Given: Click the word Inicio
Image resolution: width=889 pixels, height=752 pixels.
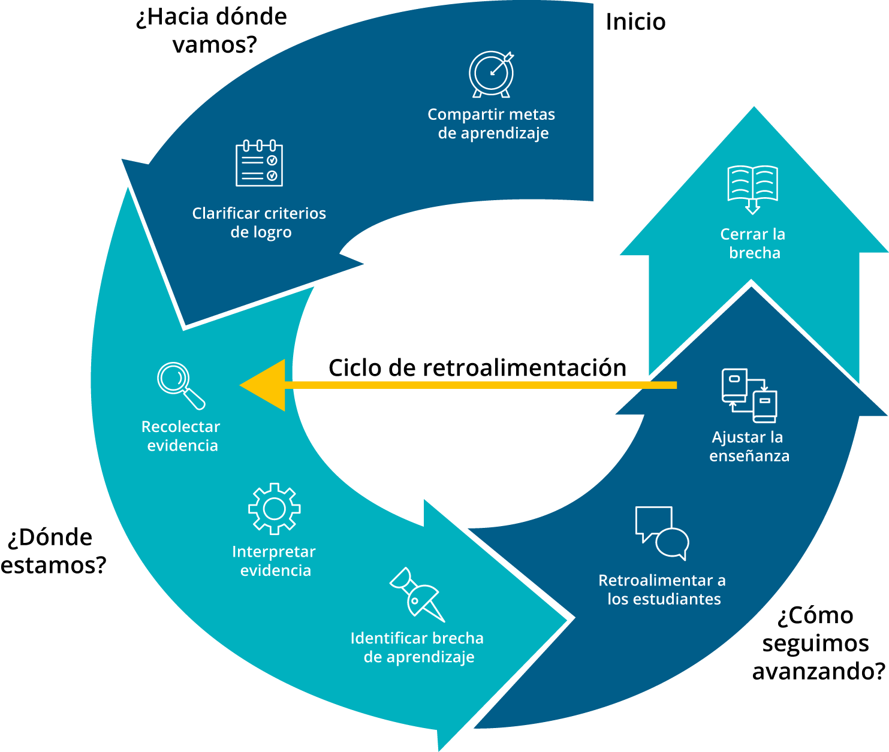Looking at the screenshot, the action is [x=635, y=22].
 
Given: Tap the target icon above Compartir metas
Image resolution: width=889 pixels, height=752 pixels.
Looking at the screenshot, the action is [x=492, y=74].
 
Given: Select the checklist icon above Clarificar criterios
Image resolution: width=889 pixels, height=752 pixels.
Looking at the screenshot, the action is [x=259, y=163].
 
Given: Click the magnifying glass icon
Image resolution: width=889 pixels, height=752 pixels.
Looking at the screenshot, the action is [x=180, y=386].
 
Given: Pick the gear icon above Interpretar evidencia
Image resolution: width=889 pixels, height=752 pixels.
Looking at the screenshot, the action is [x=275, y=509].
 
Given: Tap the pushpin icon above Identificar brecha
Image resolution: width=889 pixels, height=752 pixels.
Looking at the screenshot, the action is [x=417, y=595].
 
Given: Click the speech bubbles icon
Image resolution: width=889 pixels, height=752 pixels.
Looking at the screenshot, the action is [x=662, y=533].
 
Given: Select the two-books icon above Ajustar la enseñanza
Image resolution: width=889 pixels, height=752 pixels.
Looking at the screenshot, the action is [x=749, y=395].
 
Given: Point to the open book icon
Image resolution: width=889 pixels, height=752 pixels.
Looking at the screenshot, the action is [x=753, y=189].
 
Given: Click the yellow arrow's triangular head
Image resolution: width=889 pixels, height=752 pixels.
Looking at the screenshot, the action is [x=263, y=385].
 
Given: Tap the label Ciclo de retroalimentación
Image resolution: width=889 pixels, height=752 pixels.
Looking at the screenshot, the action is [x=477, y=369].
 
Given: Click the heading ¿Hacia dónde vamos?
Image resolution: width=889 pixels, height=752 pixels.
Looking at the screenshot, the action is [x=212, y=31].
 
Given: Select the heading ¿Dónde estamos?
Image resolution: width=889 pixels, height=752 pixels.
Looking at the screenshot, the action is [x=53, y=551].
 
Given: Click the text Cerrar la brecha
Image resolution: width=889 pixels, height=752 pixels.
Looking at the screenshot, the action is [x=754, y=243].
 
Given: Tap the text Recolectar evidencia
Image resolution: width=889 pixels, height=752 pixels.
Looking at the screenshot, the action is [x=181, y=436].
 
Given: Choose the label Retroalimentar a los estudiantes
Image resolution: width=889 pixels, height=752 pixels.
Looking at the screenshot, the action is [x=662, y=590].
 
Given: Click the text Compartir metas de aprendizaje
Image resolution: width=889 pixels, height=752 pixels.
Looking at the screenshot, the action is [x=492, y=124].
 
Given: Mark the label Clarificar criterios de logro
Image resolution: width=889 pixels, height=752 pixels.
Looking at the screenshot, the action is [x=260, y=223].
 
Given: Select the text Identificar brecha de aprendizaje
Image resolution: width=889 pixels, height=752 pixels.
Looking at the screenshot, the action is [x=417, y=648].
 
